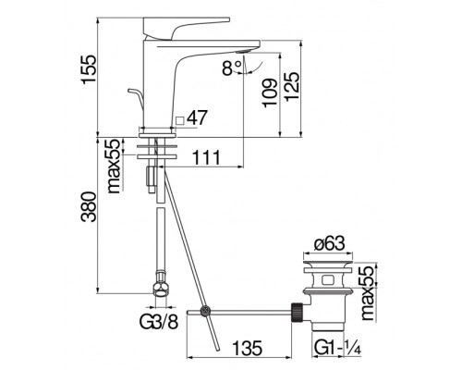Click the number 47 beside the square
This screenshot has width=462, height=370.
199,118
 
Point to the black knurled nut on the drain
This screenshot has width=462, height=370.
298,313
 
